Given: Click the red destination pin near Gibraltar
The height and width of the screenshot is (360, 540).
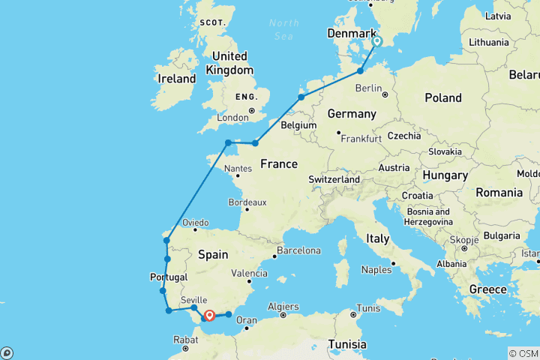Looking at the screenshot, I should [209, 316].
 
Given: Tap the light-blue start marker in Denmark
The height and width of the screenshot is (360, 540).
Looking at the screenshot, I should [377, 42].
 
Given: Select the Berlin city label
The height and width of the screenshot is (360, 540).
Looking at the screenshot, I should [368, 88].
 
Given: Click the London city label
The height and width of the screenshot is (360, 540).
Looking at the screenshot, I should [232, 118].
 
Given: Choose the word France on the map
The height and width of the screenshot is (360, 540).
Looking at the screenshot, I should [279, 164].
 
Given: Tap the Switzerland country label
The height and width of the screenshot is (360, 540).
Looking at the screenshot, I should [334, 180].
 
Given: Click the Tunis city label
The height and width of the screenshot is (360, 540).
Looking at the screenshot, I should [369, 308].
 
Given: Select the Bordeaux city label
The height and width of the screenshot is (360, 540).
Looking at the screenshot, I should [248, 202].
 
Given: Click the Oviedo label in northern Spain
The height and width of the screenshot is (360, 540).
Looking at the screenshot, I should [194, 223].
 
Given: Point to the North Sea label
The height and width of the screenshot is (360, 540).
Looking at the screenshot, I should [283, 29].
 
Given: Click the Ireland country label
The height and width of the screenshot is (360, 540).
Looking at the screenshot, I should [176, 78].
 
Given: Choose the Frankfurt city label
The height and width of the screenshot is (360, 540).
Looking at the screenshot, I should [361, 139].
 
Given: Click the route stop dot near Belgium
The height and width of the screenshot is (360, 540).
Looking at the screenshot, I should [301, 97].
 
